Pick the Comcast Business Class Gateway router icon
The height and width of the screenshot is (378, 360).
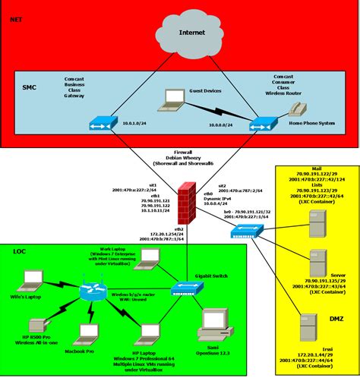[x=99, y=122]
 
